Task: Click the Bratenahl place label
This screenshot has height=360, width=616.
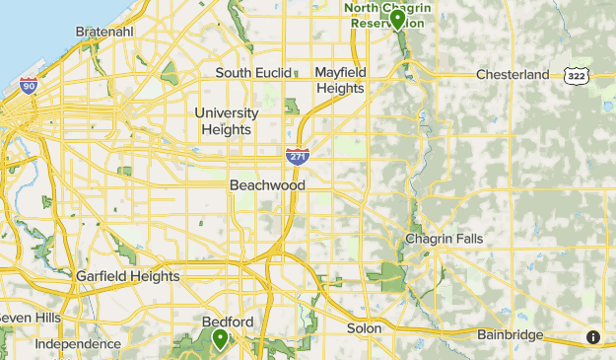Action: click(x=105, y=32)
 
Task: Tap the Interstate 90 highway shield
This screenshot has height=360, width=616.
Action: click(x=29, y=85)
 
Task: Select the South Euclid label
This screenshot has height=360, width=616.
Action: click(x=253, y=73)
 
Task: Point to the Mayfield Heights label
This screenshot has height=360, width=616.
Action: click(x=339, y=80)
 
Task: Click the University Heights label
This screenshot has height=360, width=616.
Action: click(x=228, y=121)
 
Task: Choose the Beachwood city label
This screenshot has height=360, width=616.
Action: click(x=267, y=185)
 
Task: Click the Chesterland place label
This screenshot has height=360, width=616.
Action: click(x=513, y=74)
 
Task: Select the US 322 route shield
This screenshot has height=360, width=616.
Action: click(x=577, y=75)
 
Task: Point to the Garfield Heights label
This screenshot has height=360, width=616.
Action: click(x=128, y=276)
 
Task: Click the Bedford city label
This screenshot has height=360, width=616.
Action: click(x=228, y=323)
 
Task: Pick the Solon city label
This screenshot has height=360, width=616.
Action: click(x=364, y=327)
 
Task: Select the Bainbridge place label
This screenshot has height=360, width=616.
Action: click(x=510, y=335)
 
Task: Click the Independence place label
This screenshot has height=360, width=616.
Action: click(x=78, y=344)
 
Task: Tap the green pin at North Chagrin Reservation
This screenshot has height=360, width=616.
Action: click(x=397, y=19)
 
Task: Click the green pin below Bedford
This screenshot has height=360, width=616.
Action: click(x=219, y=339)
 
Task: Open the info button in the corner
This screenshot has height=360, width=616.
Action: click(x=593, y=337)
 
